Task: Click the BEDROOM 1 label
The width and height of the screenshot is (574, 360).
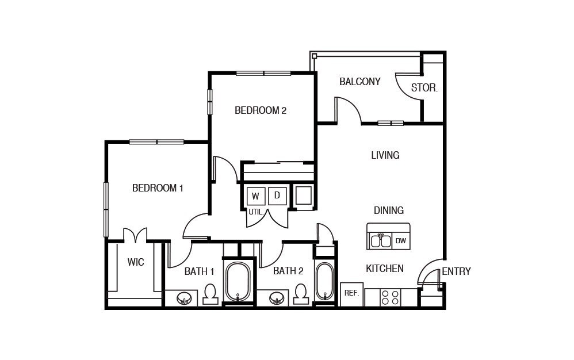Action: coord(158,188)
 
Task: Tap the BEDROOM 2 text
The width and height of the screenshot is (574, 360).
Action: coord(260,110)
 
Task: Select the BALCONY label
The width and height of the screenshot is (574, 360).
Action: coord(359,82)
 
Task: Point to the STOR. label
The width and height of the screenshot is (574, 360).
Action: coord(424,89)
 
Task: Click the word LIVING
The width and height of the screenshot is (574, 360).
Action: coord(385,155)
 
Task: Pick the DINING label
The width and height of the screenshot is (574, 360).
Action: coord(388,210)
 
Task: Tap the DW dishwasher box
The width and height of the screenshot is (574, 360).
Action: coord(400,241)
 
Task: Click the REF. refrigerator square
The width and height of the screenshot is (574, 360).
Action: coord(351,293)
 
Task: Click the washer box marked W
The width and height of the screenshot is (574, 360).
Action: coord(255,196)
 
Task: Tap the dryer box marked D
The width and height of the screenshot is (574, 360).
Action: coord(277,196)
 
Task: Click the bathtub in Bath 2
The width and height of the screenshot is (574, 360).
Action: coord(324,281)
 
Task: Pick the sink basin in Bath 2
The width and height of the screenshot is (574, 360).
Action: coord(277,299)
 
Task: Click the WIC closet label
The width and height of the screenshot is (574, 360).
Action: coord(136,262)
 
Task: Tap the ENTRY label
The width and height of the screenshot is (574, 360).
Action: coord(456,271)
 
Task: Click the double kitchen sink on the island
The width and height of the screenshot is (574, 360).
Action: coord(380,240)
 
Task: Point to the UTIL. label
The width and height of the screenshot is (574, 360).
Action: coord(256,212)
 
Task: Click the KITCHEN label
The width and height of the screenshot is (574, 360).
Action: coord(385,269)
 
